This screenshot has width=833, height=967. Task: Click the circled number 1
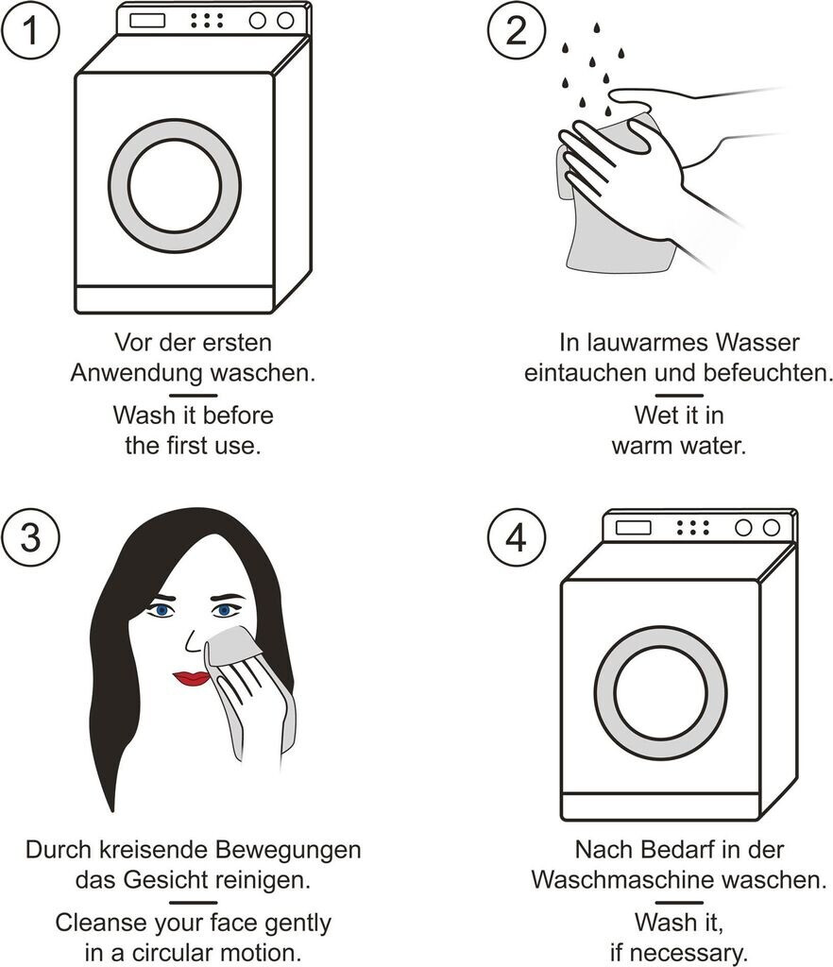(30, 29)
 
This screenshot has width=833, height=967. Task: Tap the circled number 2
(516, 29)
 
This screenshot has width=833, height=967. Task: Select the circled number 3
(30, 536)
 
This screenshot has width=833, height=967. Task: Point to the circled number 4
(516, 536)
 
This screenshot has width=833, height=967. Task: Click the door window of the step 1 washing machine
(175, 186)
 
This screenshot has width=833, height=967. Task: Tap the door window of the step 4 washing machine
(660, 692)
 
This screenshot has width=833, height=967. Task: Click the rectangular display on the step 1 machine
(147, 21)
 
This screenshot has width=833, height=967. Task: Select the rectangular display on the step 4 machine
(633, 527)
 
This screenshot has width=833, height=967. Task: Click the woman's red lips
(192, 678)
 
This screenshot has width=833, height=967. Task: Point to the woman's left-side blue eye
(161, 611)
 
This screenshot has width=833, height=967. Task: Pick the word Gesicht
(165, 880)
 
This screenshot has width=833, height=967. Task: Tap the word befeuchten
(768, 373)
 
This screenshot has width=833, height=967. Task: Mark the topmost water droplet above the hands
(596, 27)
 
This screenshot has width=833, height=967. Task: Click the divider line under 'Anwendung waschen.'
(193, 396)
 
